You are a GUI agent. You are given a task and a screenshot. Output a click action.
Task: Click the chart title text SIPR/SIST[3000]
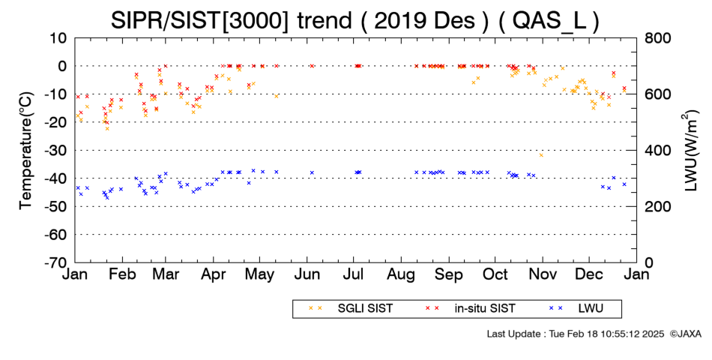coord(199,20)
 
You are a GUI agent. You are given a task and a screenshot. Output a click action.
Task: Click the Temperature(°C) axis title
coord(26,151)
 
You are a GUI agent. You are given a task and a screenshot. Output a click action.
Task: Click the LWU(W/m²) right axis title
coord(690,151)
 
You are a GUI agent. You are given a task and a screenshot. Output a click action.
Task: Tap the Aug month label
coord(402,275)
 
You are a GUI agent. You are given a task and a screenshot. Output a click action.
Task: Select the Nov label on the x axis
coord(542,274)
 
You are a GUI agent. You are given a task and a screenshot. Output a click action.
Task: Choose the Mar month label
coord(166,274)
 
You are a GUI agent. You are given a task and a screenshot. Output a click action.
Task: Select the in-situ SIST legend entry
coord(470,309)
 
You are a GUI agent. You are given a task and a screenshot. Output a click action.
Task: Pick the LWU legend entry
coord(576,309)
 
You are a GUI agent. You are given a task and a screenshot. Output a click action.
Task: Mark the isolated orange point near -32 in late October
coord(541,155)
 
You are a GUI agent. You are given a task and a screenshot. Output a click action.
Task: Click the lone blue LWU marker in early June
coord(312,172)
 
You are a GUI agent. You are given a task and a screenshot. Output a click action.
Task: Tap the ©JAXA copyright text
coord(685,334)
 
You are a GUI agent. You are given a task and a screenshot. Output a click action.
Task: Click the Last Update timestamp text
coord(576,334)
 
